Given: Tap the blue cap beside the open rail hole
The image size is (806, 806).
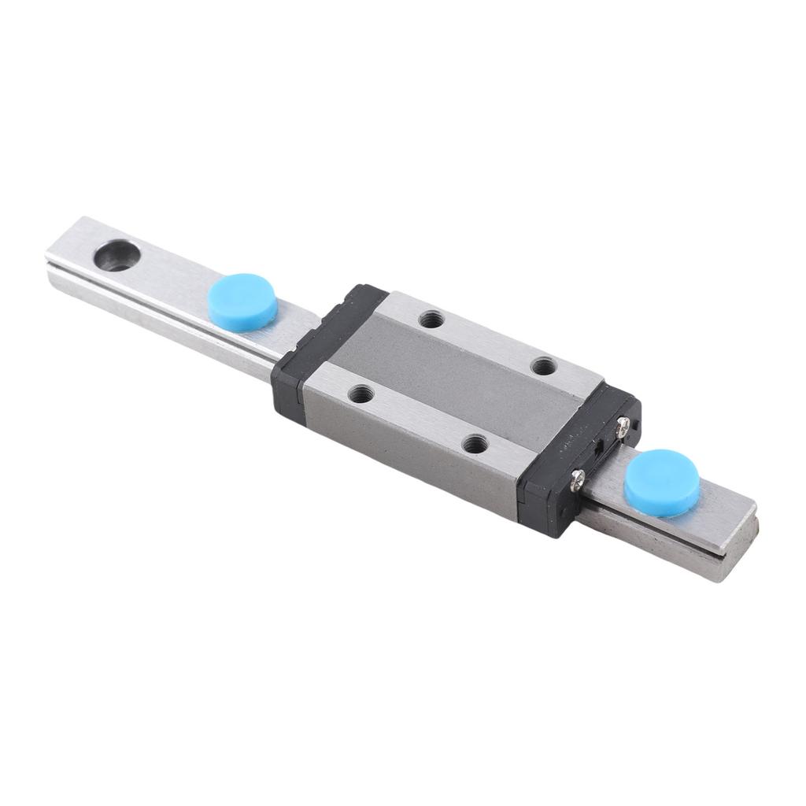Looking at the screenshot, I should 242,300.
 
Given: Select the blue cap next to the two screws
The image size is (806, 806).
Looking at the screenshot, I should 661,482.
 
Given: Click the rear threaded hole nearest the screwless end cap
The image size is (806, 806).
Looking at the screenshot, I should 429,319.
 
